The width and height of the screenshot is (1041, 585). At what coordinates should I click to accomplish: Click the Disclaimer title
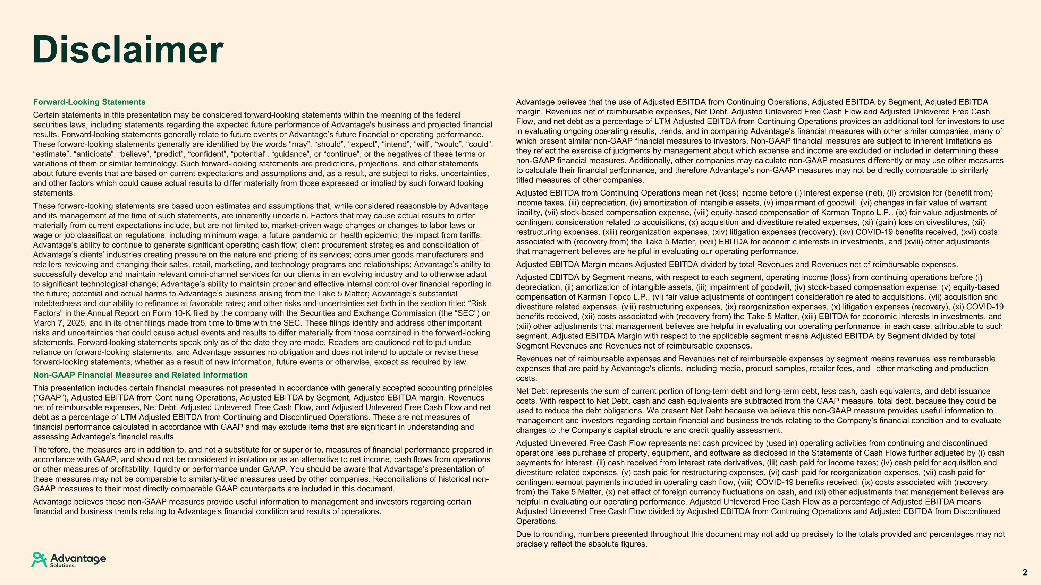(128, 50)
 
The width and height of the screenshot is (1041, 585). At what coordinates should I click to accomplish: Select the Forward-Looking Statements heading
(89, 102)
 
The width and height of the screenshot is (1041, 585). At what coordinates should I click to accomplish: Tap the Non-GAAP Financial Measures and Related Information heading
(140, 375)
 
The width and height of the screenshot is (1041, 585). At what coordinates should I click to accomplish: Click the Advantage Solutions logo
(69, 560)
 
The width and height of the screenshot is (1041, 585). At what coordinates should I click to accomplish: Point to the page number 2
(1024, 573)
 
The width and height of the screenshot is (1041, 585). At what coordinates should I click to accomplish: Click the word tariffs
(469, 235)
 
